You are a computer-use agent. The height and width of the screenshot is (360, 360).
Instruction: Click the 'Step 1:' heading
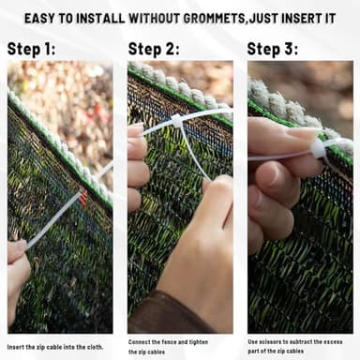(31, 49)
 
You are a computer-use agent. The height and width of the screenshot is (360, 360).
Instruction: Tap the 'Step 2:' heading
(154, 49)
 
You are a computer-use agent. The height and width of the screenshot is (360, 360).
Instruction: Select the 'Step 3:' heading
(273, 49)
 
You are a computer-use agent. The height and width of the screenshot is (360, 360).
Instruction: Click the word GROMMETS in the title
(214, 19)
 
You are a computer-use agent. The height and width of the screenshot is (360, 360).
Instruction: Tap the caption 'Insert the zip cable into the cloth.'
(55, 347)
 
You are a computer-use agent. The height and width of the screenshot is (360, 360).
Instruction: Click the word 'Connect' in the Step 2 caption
(140, 342)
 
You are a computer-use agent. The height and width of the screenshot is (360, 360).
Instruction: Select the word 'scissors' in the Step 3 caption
(270, 342)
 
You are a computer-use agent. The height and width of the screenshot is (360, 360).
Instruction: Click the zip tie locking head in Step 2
(176, 121)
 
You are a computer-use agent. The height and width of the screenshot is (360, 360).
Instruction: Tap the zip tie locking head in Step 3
(319, 149)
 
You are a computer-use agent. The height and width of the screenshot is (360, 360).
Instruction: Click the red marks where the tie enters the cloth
(82, 197)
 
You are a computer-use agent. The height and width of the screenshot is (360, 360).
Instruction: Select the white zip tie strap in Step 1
(53, 219)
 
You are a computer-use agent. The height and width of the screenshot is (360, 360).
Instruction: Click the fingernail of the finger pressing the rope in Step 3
(302, 133)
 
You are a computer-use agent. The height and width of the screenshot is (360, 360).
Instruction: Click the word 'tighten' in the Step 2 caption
(198, 342)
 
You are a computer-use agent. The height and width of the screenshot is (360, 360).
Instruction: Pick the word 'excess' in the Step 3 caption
(333, 342)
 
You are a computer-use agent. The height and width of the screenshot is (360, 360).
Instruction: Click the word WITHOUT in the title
(154, 19)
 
